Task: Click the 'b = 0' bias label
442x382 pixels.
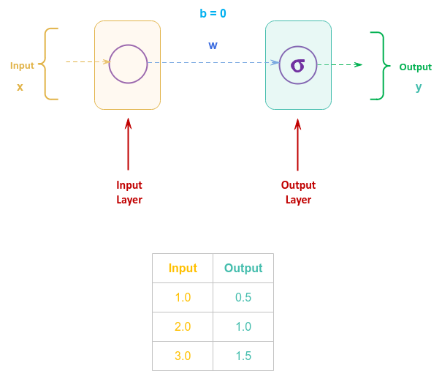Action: (x=213, y=13)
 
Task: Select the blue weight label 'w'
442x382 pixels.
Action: (x=213, y=45)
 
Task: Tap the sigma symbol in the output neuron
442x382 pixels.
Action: (x=297, y=65)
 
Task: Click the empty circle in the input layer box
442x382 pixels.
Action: (x=128, y=64)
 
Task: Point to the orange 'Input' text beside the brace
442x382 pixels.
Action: (x=22, y=65)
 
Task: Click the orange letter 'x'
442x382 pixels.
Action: (x=20, y=86)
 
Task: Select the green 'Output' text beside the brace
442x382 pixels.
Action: (x=415, y=67)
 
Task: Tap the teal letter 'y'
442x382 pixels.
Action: (x=419, y=86)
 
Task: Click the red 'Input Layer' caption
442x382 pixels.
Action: (x=129, y=192)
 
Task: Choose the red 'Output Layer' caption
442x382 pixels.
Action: (x=298, y=192)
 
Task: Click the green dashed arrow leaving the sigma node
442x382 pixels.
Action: (x=340, y=64)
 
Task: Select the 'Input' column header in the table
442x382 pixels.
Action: (x=183, y=268)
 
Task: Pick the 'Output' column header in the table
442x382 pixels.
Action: (x=243, y=268)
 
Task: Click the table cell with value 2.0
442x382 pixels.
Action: (x=183, y=326)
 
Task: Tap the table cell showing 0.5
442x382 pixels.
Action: (x=243, y=298)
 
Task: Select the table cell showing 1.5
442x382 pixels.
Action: (x=243, y=356)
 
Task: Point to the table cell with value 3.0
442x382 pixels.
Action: (x=183, y=356)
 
